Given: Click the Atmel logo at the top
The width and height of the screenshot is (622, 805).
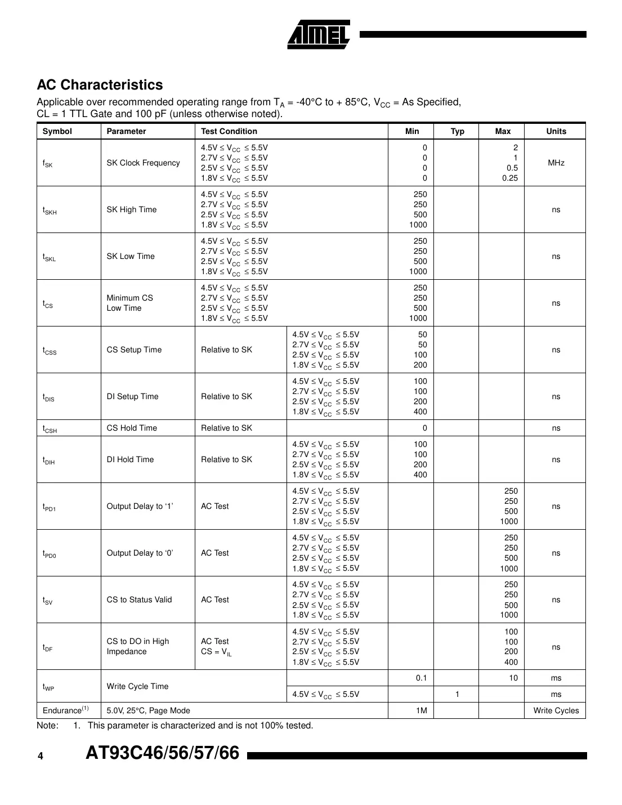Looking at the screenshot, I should (319, 34).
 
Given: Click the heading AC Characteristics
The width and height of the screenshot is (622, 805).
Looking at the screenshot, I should (100, 85).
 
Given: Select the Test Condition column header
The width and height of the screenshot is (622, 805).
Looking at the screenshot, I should (229, 131).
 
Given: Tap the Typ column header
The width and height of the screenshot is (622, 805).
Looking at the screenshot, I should (457, 131).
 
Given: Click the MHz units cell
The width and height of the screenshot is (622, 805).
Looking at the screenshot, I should (556, 163).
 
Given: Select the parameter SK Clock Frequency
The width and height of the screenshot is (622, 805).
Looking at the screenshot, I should (143, 163).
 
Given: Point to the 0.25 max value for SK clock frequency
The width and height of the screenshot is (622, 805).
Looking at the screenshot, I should (509, 178).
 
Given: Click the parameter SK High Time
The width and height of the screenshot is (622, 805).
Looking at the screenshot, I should (131, 209).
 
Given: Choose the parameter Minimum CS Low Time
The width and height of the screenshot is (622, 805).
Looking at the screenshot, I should (129, 303).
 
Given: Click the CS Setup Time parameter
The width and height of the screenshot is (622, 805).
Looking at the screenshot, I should (133, 350).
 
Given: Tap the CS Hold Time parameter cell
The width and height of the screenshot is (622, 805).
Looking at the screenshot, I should (132, 428).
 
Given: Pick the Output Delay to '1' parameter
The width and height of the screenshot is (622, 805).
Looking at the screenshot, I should (140, 506).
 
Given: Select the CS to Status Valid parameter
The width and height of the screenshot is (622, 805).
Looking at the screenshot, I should (139, 600).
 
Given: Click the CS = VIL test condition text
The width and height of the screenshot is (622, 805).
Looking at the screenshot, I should (216, 652).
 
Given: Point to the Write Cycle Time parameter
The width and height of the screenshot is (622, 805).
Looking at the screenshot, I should (137, 686).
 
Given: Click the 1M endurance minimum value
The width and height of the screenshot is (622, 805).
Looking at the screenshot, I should (421, 710).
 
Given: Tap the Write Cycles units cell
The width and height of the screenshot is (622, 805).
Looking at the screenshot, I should (556, 710).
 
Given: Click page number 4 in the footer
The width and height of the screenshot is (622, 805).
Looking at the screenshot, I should (41, 756).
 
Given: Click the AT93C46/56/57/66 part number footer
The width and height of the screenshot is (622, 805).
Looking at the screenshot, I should (162, 753).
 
